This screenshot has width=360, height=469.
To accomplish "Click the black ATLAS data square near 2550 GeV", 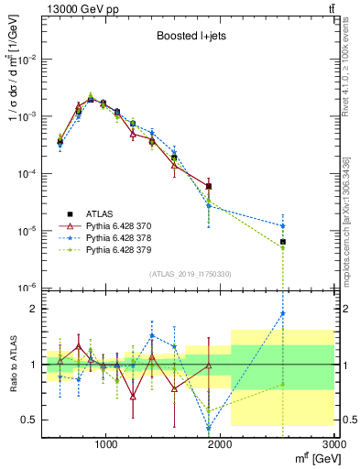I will (x=283, y=242).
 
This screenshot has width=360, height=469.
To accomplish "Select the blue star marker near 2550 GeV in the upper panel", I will (x=283, y=225).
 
